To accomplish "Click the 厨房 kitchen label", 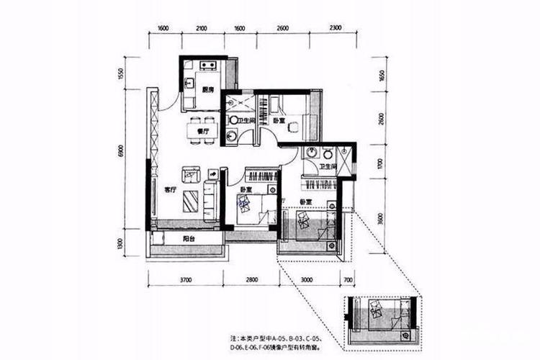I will tap(207, 90).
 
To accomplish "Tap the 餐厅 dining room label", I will tap(202, 132).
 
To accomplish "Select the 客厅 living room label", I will tap(171, 190).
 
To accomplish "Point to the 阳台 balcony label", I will tap(187, 238).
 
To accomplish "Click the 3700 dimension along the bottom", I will tap(186, 279).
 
